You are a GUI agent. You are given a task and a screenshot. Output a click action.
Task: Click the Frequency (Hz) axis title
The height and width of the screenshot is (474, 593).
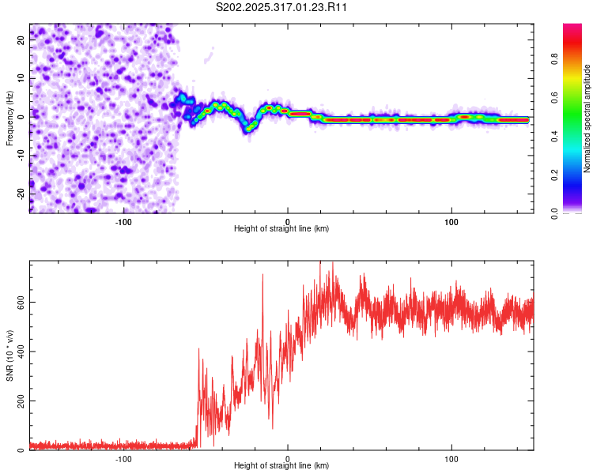(x=9, y=118)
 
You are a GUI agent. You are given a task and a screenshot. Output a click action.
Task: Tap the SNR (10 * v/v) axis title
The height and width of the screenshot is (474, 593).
(x=9, y=355)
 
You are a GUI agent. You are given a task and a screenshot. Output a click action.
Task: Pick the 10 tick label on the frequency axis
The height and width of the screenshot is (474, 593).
(x=21, y=79)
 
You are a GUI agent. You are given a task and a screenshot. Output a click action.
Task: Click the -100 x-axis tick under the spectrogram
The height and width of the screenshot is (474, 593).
(x=123, y=221)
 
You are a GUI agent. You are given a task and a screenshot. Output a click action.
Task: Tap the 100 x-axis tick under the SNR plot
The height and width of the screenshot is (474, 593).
(x=451, y=459)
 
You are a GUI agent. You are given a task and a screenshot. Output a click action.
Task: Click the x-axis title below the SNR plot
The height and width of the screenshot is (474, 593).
(x=281, y=466)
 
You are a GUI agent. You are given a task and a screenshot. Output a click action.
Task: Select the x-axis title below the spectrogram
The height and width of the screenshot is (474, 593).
(x=281, y=229)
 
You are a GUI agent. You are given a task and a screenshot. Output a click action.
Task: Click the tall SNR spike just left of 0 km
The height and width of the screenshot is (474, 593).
(x=263, y=276)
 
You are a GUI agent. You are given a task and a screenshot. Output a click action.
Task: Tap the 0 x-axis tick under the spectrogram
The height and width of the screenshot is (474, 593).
(x=288, y=221)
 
